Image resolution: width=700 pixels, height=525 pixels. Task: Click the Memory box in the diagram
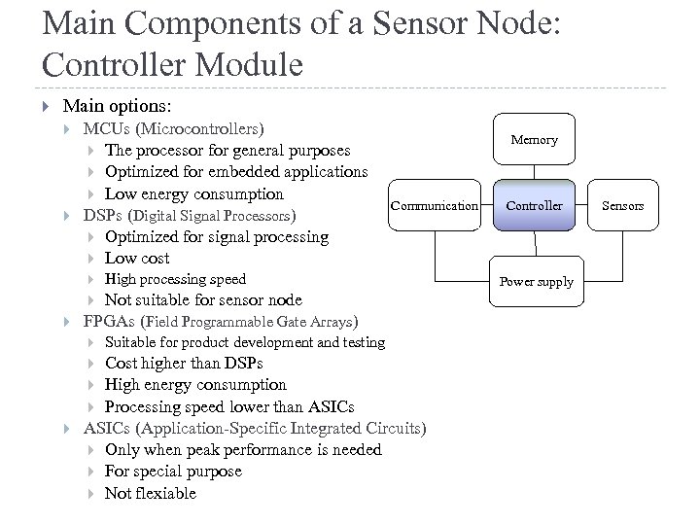(535, 140)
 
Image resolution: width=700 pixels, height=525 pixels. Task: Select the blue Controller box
(535, 205)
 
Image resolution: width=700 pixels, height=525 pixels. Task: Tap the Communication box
(434, 205)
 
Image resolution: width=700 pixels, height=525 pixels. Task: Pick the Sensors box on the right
(622, 205)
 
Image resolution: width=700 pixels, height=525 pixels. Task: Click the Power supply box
(536, 282)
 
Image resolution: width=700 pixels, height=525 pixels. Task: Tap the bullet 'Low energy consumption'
(193, 193)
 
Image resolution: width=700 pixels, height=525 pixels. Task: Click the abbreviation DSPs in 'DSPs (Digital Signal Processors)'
(103, 215)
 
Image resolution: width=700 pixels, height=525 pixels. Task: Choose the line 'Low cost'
(137, 258)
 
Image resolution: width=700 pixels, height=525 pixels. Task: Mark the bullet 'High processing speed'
(175, 279)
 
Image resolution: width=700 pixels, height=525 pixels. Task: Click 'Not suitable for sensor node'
(202, 299)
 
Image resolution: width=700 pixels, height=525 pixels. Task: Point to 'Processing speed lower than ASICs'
(228, 406)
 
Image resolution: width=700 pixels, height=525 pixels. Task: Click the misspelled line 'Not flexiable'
(150, 493)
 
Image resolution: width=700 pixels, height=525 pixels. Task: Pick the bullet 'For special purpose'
(173, 472)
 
